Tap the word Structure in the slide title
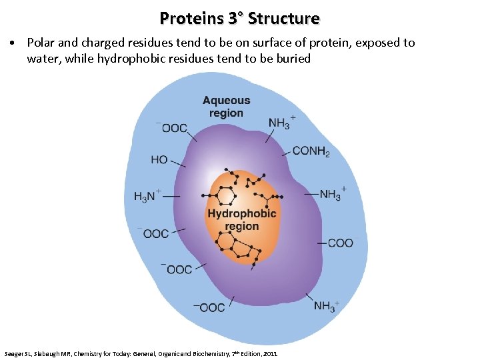(283, 18)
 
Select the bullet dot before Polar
(14, 43)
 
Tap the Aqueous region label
(227, 107)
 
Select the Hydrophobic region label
(241, 220)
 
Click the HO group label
(159, 160)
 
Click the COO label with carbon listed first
(341, 243)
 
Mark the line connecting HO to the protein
(177, 162)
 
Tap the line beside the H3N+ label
(171, 197)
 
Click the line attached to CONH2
(286, 153)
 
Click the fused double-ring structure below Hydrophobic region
(240, 249)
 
